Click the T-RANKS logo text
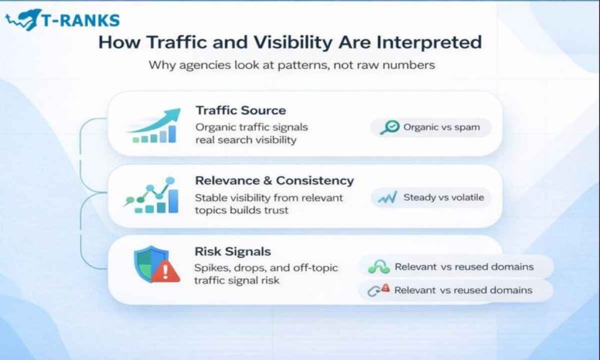[x=80, y=20]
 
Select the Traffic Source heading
[x=240, y=110]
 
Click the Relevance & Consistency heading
[x=274, y=181]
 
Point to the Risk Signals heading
[x=233, y=252]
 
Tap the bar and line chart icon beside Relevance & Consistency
[x=152, y=196]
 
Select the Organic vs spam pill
[x=431, y=127]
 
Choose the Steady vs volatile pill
[x=431, y=198]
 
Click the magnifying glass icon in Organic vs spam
[x=390, y=127]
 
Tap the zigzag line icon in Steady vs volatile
[x=387, y=198]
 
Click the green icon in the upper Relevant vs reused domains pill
[x=378, y=267]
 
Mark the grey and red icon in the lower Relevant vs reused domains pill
[x=378, y=290]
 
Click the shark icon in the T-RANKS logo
[x=22, y=19]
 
